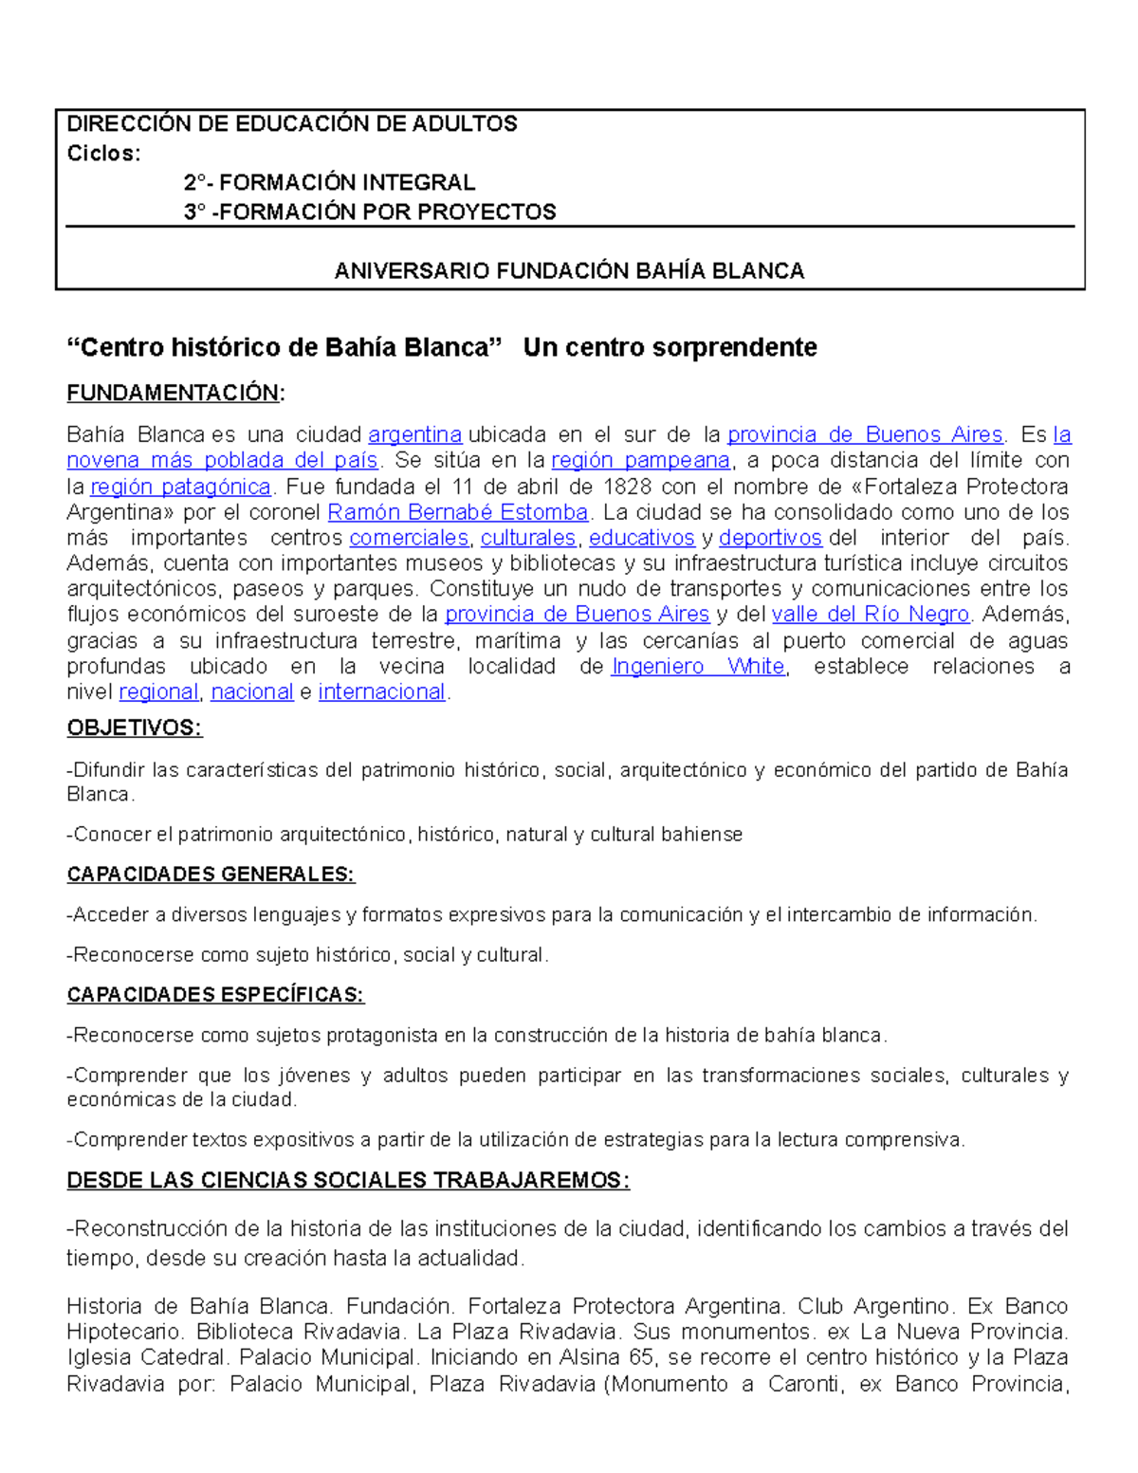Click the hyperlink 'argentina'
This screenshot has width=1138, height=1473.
(x=414, y=435)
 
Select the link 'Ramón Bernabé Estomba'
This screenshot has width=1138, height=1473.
(x=458, y=513)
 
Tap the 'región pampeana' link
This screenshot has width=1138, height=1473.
(x=640, y=461)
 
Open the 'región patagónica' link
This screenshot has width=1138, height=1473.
(x=181, y=488)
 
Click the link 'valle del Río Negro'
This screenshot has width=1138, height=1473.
(x=871, y=615)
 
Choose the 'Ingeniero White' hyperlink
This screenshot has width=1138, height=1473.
(x=698, y=667)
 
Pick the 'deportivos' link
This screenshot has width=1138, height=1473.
(x=770, y=539)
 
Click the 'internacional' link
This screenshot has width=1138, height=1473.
(x=382, y=692)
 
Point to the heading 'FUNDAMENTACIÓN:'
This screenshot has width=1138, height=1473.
(x=175, y=394)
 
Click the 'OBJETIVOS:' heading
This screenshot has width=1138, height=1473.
(x=135, y=728)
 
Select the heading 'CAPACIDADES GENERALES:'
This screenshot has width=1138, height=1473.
(x=211, y=875)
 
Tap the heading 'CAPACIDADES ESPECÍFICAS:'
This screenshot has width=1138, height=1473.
(x=215, y=995)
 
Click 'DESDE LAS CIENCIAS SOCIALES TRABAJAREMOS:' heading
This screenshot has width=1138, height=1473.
(x=348, y=1181)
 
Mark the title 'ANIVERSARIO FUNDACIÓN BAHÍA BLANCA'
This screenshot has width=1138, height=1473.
(x=569, y=271)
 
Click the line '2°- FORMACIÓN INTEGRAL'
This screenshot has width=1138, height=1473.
(x=329, y=182)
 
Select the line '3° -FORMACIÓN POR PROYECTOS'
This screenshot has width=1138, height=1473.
(x=370, y=212)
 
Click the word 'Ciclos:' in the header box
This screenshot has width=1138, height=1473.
(x=103, y=154)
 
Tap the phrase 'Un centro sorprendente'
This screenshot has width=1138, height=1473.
(x=670, y=348)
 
